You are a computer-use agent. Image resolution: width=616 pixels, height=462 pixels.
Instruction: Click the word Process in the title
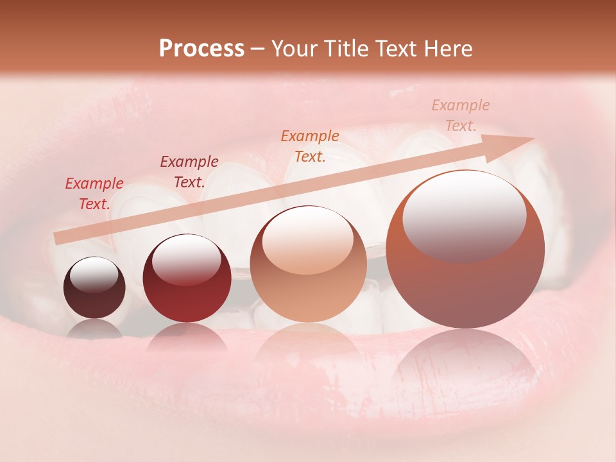pos(201,49)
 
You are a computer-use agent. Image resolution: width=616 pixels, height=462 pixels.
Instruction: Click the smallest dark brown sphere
pos(94,288)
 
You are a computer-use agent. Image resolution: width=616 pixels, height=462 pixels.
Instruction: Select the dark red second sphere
pos(187,279)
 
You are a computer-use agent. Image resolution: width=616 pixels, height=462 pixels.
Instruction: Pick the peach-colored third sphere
pos(308,264)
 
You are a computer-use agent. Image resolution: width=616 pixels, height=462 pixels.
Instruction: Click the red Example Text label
pos(94,193)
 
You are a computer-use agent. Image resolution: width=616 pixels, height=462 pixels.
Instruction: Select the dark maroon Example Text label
pos(189,171)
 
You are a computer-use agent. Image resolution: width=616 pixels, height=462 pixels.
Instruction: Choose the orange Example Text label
pos(310,146)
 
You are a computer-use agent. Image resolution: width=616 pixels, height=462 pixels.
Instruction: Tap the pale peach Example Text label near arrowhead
pos(460,115)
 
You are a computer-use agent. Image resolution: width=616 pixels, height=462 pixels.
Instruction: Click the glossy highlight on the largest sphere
pos(464,216)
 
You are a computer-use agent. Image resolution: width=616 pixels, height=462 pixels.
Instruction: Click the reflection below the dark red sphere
pos(187,337)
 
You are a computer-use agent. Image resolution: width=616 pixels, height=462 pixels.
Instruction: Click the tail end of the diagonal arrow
pos(58,239)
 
